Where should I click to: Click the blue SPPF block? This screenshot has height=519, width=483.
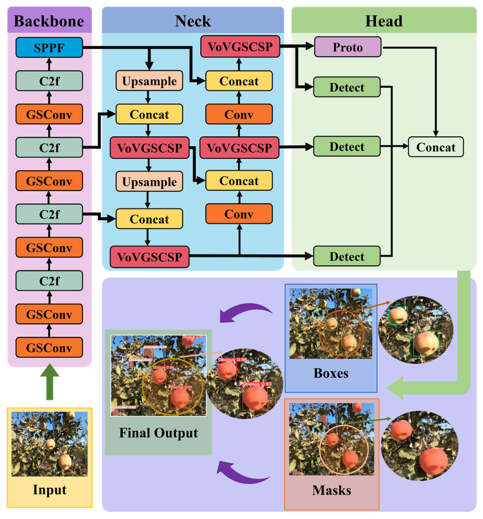[49, 47]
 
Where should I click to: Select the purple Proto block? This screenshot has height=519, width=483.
[347, 47]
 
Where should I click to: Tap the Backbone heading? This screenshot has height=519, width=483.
[49, 21]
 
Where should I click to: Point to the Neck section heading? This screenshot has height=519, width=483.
[193, 21]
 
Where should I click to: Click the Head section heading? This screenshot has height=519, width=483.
[383, 21]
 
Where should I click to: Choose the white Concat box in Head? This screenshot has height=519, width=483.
[435, 147]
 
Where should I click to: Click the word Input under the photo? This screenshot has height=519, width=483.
[49, 489]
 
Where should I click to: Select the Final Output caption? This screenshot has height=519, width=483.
[158, 433]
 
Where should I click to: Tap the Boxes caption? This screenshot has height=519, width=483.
[331, 373]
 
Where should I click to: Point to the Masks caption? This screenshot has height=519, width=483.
[331, 490]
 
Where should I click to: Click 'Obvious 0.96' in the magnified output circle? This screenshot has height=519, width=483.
[232, 360]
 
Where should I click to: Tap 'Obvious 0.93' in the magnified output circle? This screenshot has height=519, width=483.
[257, 384]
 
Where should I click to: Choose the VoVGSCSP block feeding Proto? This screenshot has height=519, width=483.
[240, 46]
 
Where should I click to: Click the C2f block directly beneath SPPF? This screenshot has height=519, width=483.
[49, 81]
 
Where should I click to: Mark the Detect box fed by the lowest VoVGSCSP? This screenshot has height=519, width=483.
[347, 256]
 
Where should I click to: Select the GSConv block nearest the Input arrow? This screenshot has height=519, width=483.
[49, 348]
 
